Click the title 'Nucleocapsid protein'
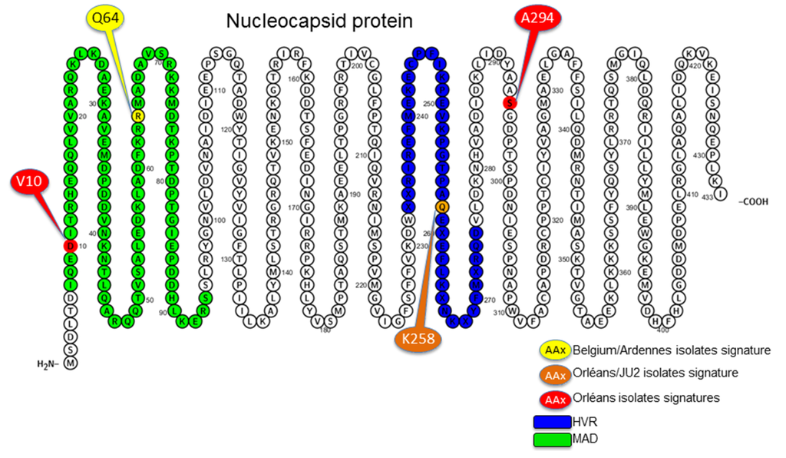pos(319,22)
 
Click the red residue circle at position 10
pos(71,246)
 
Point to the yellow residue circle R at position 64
pos(137,115)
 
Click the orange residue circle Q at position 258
pos(441,207)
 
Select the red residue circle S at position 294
pos(507,103)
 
